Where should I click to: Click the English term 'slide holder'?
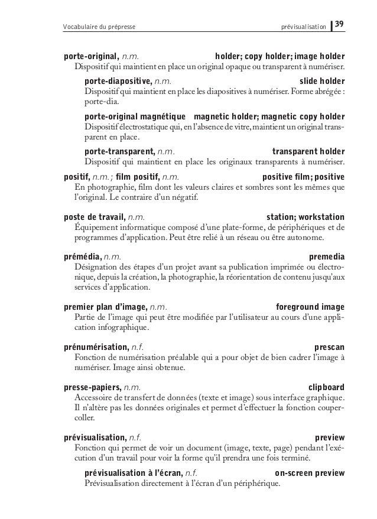coord(322,81)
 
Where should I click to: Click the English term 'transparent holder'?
coord(309,151)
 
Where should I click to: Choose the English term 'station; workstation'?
coord(306,216)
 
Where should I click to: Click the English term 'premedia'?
coord(327,257)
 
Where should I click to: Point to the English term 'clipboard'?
coord(327,387)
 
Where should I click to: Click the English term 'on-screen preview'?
coord(310,473)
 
